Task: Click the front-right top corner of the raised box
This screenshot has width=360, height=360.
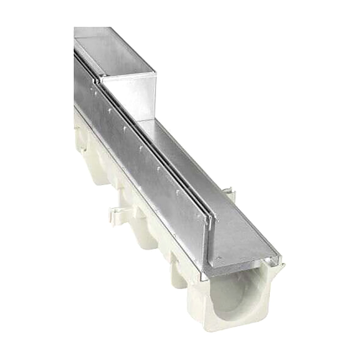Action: coord(156,72)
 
